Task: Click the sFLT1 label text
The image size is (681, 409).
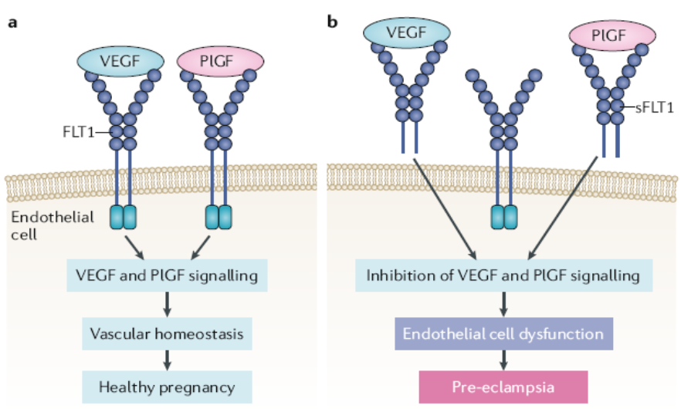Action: (654, 109)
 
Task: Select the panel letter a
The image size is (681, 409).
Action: (12, 22)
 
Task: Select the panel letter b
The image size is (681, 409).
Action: (333, 22)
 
